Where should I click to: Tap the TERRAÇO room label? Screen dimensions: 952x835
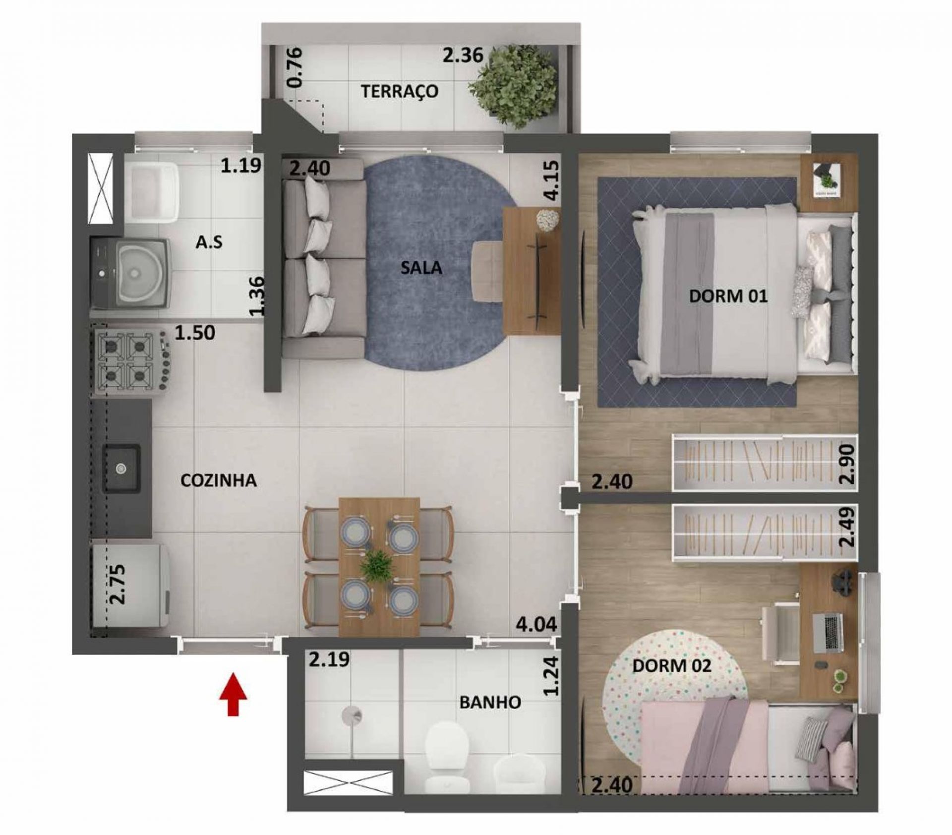click(x=400, y=92)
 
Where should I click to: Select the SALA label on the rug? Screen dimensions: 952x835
click(x=421, y=268)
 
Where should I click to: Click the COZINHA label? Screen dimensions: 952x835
click(x=219, y=480)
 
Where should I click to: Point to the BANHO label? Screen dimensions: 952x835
click(x=490, y=702)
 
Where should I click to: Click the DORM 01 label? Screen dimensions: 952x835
click(x=728, y=297)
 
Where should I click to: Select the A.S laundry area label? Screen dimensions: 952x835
click(x=209, y=242)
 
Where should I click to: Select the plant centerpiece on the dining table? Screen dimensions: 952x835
click(x=378, y=565)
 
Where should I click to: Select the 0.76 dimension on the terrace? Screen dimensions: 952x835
click(x=295, y=68)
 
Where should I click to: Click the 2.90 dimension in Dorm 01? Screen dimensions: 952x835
click(x=848, y=464)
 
